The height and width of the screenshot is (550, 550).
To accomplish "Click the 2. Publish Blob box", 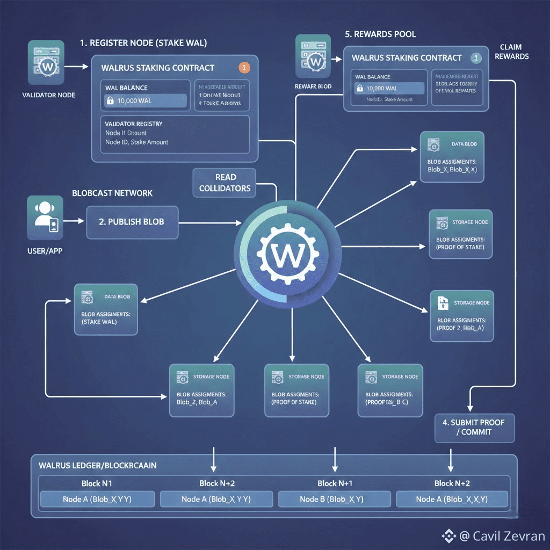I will pyautogui.click(x=132, y=221).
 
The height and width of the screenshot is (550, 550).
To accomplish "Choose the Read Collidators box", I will pyautogui.click(x=225, y=183).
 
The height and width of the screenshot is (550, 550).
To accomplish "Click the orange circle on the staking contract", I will pyautogui.click(x=244, y=68).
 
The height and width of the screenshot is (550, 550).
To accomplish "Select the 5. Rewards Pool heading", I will pyautogui.click(x=380, y=34).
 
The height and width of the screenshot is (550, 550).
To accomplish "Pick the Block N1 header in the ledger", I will pyautogui.click(x=97, y=483).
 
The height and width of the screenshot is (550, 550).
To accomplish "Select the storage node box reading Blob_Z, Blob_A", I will pyautogui.click(x=201, y=390).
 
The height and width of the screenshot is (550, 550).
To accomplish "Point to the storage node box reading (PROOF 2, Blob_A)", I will pyautogui.click(x=462, y=316).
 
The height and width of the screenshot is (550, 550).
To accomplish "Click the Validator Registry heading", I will pyautogui.click(x=134, y=124).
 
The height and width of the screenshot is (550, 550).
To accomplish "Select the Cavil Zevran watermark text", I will pyautogui.click(x=502, y=535).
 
